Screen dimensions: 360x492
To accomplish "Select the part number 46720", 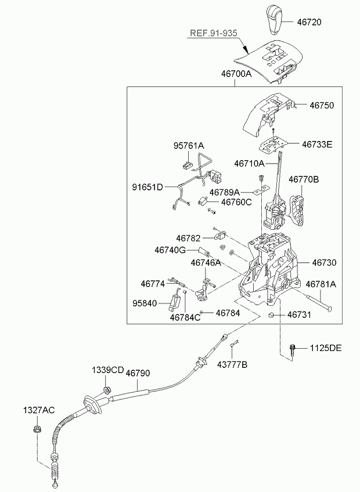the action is [x=309, y=22].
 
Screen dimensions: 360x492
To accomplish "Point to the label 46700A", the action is [x=236, y=74].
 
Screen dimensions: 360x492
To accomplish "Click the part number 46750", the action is [x=322, y=105].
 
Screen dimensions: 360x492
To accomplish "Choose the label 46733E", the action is [x=317, y=144].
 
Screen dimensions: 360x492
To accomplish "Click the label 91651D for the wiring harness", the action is [x=147, y=187].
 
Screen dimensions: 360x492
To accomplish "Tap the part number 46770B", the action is [x=304, y=179].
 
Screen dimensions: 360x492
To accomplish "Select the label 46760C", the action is [x=236, y=202].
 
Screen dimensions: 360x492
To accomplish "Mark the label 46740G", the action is [x=170, y=250].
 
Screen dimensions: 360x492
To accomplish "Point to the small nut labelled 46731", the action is [x=271, y=315].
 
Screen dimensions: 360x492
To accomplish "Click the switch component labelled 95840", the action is [x=175, y=302].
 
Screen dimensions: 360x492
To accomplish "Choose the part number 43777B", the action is [x=232, y=364].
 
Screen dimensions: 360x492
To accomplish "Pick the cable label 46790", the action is [x=138, y=373].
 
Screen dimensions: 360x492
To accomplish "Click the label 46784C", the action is [x=185, y=317].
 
